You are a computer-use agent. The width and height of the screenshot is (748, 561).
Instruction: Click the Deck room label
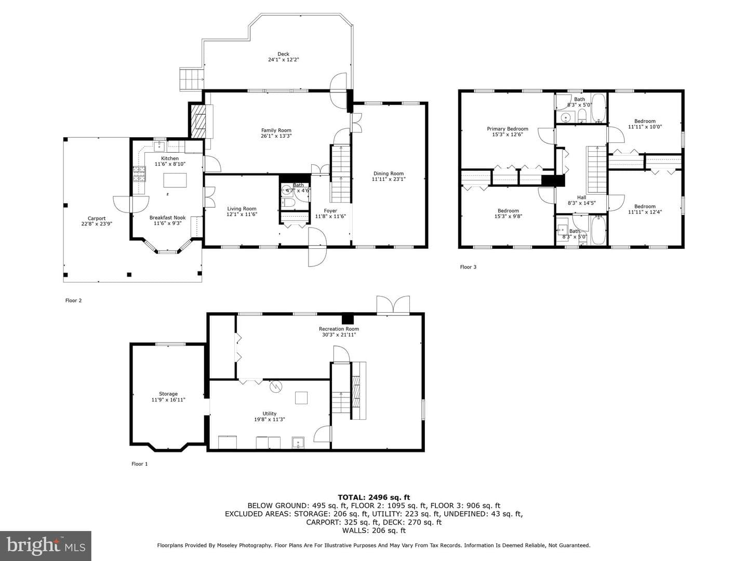pos(283,54)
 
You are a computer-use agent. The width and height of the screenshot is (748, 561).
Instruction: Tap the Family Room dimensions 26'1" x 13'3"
pos(276,136)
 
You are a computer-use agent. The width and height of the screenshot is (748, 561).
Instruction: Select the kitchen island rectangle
pos(175,180)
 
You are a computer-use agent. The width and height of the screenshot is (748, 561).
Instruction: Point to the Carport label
pos(97,218)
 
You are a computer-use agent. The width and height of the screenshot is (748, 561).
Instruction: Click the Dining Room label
pos(389,173)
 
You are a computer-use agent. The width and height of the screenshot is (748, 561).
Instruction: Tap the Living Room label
pos(242,208)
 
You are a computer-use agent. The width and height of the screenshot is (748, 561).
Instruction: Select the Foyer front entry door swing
pos(317,247)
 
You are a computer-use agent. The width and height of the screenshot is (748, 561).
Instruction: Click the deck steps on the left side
pos(192,79)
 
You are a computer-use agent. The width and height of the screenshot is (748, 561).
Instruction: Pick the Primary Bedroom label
pos(507,129)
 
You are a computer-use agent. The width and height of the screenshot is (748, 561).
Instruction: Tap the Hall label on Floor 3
pos(582,197)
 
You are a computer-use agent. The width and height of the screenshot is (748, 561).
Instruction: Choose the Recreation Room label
pos(339,329)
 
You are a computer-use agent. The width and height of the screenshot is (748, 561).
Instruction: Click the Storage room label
pos(168,394)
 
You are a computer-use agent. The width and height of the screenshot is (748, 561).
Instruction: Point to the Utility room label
pos(269,413)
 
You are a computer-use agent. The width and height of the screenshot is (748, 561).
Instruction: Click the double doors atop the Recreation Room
pos(393,304)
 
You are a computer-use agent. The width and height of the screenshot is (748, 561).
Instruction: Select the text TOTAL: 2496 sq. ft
pos(374,497)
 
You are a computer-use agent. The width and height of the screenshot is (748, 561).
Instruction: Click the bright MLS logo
pos(46,545)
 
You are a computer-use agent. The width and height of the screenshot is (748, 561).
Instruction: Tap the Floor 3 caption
pos(468,266)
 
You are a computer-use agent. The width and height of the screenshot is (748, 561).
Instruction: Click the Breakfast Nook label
pos(167,217)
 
